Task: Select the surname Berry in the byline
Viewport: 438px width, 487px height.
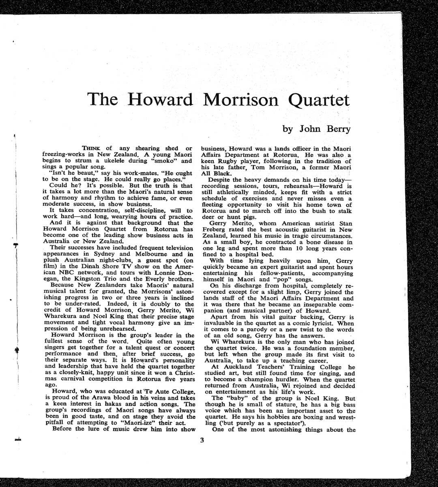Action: click(335, 129)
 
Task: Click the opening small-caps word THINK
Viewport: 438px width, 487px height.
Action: click(92, 149)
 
